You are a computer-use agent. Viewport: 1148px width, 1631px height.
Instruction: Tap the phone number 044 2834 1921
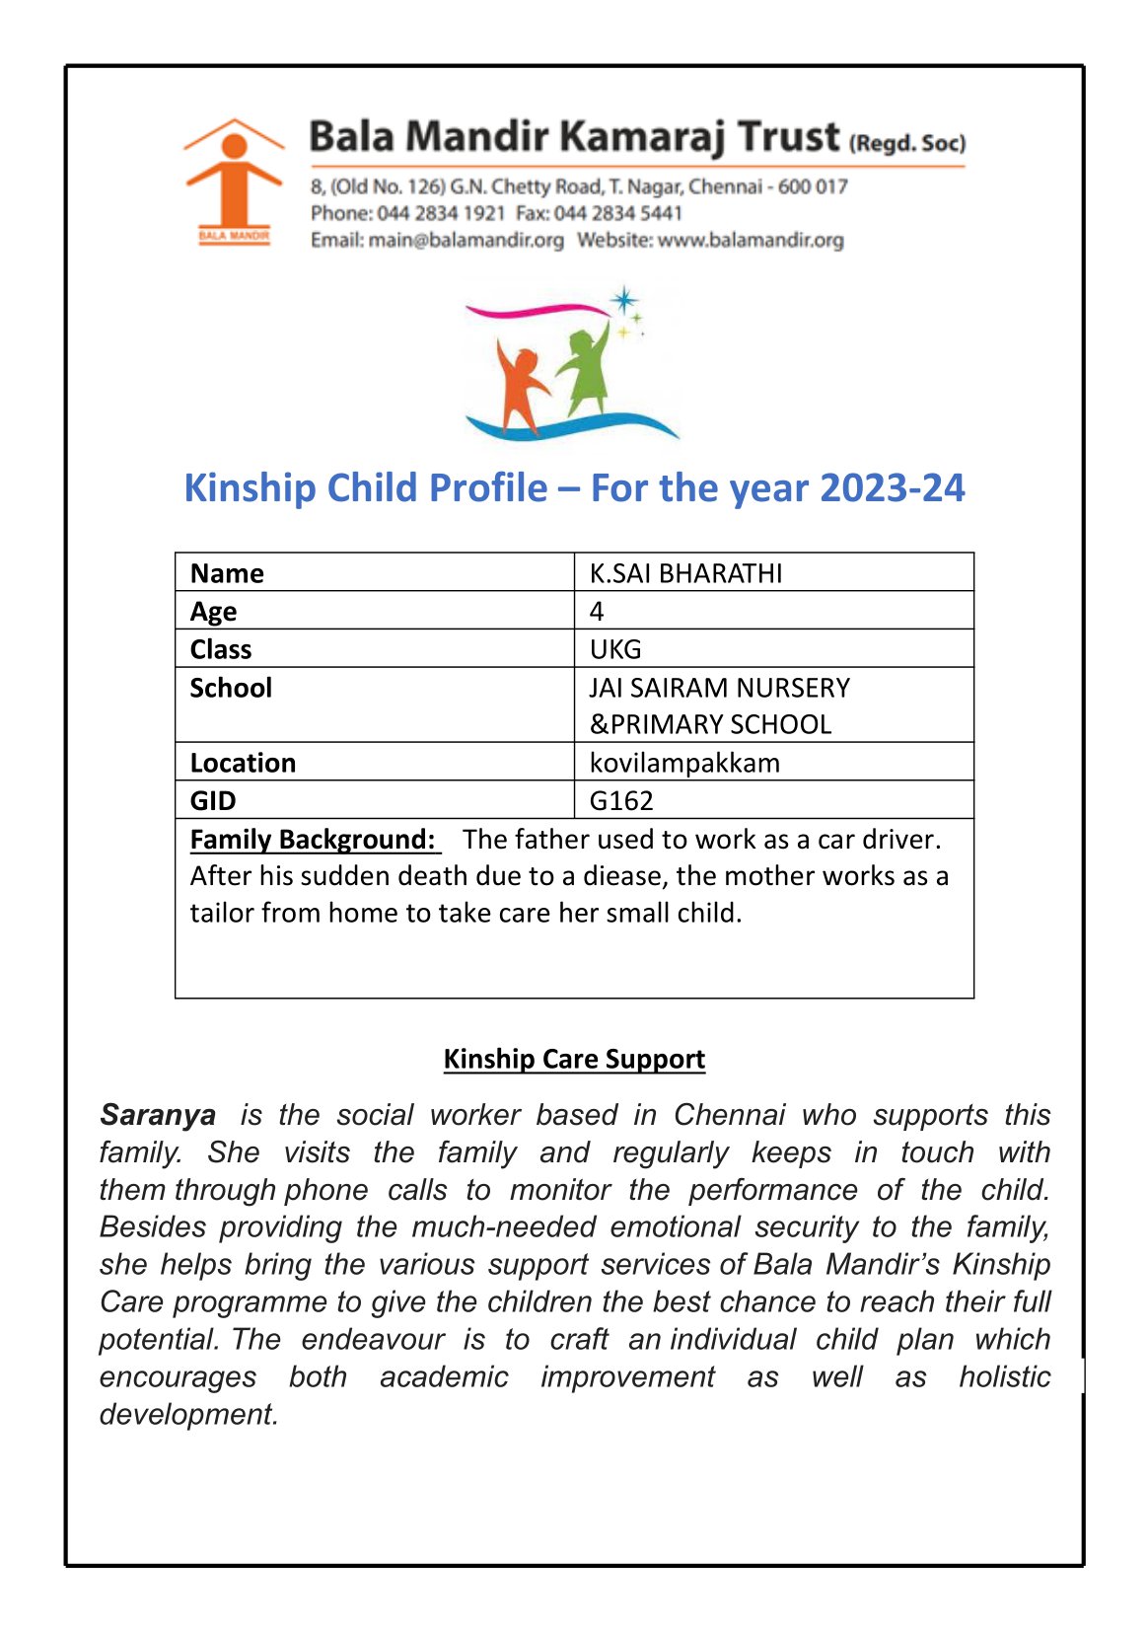pos(441,213)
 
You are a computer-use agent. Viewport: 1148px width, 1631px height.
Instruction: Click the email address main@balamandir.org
pos(466,240)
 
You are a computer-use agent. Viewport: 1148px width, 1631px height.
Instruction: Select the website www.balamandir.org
pos(751,240)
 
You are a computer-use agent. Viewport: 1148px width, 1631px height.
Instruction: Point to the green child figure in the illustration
pos(587,367)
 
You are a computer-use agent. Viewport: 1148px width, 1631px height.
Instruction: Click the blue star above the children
pos(623,300)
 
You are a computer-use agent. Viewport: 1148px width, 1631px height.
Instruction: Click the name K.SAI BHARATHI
pos(685,573)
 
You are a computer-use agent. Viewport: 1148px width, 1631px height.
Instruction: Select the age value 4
pos(597,612)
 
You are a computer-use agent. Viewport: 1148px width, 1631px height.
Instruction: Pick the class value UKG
pos(615,649)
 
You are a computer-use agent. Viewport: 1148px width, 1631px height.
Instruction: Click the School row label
pos(231,688)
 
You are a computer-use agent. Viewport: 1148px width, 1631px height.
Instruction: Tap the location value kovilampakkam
pos(684,763)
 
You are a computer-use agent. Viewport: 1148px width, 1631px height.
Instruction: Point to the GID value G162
pos(621,800)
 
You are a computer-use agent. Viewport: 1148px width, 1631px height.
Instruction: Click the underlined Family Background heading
pos(313,839)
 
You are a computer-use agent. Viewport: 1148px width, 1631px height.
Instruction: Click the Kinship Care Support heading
pos(574,1059)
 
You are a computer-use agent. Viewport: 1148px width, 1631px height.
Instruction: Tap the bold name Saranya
pos(158,1115)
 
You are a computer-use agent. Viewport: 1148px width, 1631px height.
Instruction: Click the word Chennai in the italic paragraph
pos(729,1115)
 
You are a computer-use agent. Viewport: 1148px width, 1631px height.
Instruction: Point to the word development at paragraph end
pos(188,1414)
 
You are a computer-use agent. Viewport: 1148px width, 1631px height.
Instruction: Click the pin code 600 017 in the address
pos(813,186)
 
